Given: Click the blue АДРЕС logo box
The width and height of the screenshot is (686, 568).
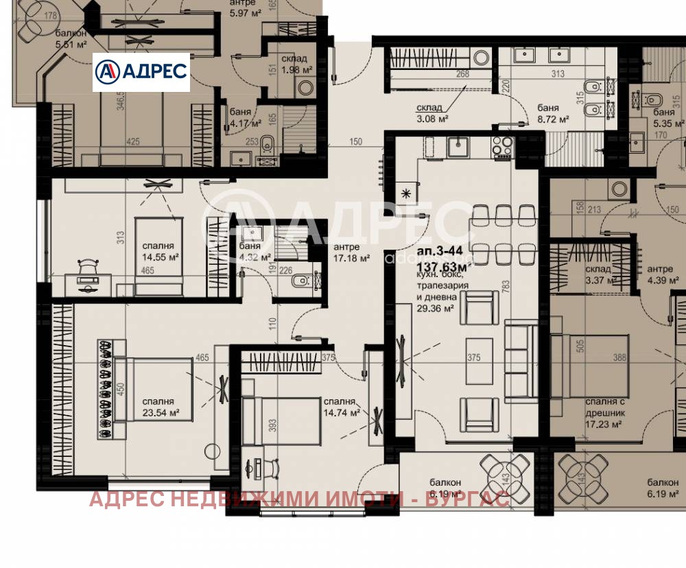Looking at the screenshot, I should pos(141,71).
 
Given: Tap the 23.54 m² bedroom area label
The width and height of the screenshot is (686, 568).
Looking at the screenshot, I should pos(161,412).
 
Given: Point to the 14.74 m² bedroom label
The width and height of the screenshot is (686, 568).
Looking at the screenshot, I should pos(342,413).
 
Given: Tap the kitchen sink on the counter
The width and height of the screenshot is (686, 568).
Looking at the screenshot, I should pos(458,146).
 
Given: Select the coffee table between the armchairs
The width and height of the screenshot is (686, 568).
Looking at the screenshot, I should pos(479,361).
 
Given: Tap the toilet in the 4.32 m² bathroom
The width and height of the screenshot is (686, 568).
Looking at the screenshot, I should pos(298,282).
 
